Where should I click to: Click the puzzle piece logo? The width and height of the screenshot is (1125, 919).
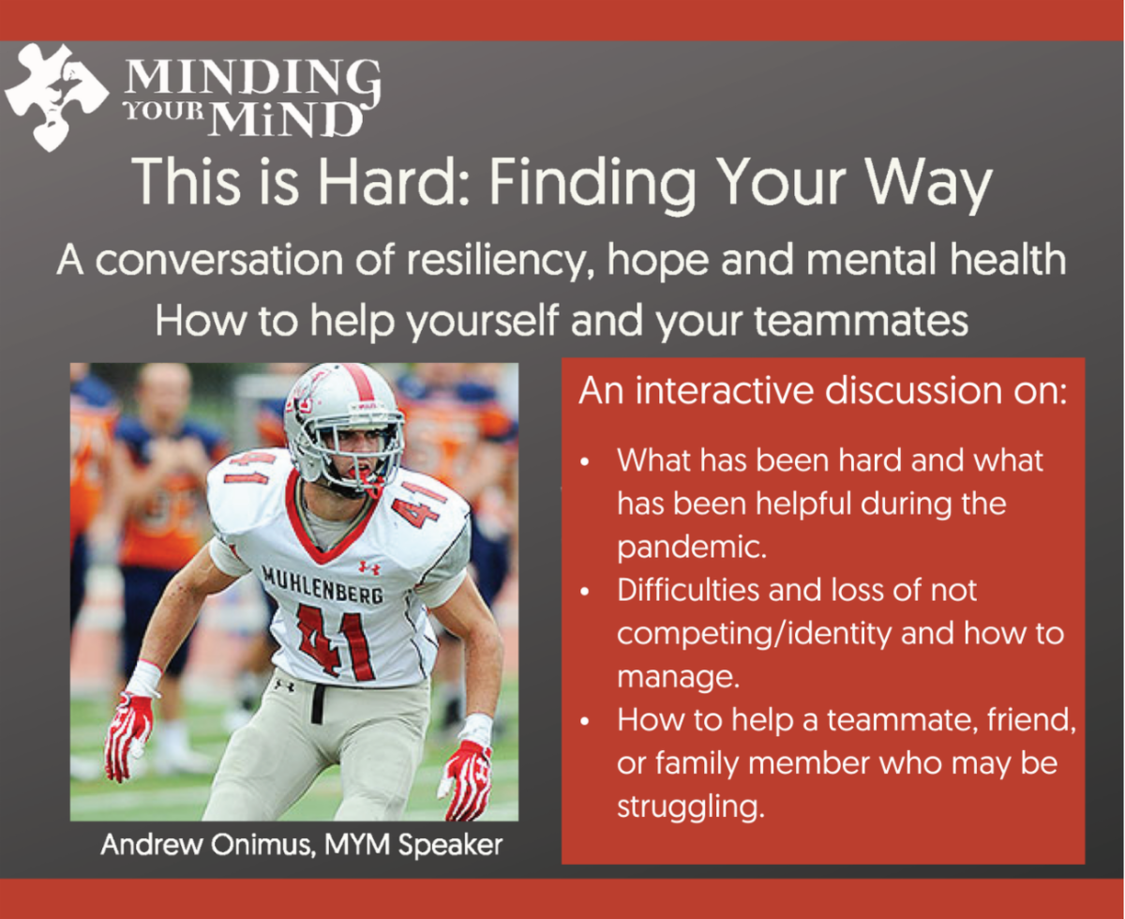56,96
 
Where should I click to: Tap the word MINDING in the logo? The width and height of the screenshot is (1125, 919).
253,79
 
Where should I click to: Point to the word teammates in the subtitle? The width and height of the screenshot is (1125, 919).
861,322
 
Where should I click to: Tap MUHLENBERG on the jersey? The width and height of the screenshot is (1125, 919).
322,585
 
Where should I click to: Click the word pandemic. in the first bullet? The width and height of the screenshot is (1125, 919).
692,548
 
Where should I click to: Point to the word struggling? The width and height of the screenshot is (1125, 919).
691,806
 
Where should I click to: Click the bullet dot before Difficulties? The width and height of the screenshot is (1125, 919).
585,592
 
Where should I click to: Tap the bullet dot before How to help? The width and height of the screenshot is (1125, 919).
585,721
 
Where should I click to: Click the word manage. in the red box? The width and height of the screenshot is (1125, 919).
678,678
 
